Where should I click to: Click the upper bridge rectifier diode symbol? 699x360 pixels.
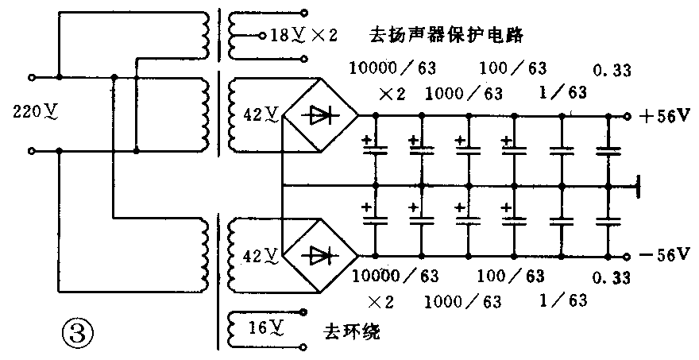[x=320, y=115]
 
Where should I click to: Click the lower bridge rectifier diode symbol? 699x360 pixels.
[x=320, y=256]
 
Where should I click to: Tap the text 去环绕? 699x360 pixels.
[x=353, y=330]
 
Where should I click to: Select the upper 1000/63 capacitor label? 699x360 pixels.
[x=464, y=94]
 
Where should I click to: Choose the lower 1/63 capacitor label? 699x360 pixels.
[x=564, y=300]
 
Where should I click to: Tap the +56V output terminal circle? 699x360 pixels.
[x=627, y=116]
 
